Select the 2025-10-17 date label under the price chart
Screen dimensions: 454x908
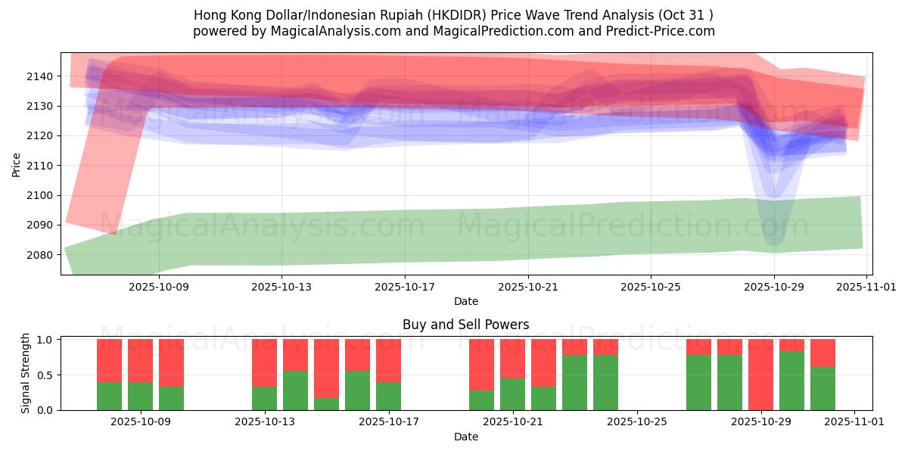point(404,287)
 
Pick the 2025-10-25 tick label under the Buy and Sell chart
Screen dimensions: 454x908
point(636,422)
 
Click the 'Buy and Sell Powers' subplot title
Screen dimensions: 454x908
point(465,325)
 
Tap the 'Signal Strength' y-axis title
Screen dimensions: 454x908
point(26,373)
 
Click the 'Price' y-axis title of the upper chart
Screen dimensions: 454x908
point(16,164)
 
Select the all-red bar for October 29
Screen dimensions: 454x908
point(760,375)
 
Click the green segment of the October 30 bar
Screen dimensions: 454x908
point(791,381)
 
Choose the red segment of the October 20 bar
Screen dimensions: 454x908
point(481,365)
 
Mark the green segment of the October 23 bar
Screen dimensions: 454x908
point(574,383)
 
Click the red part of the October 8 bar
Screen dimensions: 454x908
point(109,360)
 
